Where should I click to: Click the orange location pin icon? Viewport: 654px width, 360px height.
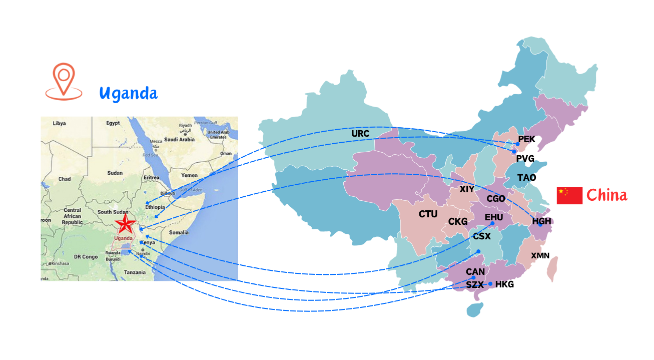coord(64,81)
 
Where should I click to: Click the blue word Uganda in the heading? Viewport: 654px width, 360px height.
coord(128,93)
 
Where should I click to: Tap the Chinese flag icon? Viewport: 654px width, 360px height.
coord(569,195)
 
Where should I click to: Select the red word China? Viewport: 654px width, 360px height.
coord(607,195)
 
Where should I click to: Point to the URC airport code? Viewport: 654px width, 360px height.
coord(360,134)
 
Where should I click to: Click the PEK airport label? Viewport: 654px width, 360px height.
coord(527,139)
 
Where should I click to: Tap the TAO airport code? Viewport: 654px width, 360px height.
coord(526,178)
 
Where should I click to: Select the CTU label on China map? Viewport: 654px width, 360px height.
coord(428,214)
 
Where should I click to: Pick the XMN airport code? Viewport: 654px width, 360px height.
coord(540,256)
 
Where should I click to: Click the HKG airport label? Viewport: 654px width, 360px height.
coord(504,284)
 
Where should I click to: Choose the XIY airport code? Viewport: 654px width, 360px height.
coord(466,189)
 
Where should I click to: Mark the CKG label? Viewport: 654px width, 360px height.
coord(458,221)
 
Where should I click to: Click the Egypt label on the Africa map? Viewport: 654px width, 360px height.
coord(113,123)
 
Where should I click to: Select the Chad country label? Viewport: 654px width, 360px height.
coord(65,179)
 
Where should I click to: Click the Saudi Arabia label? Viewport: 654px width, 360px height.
coord(180,140)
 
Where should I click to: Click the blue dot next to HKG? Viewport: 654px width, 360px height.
coord(490,284)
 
